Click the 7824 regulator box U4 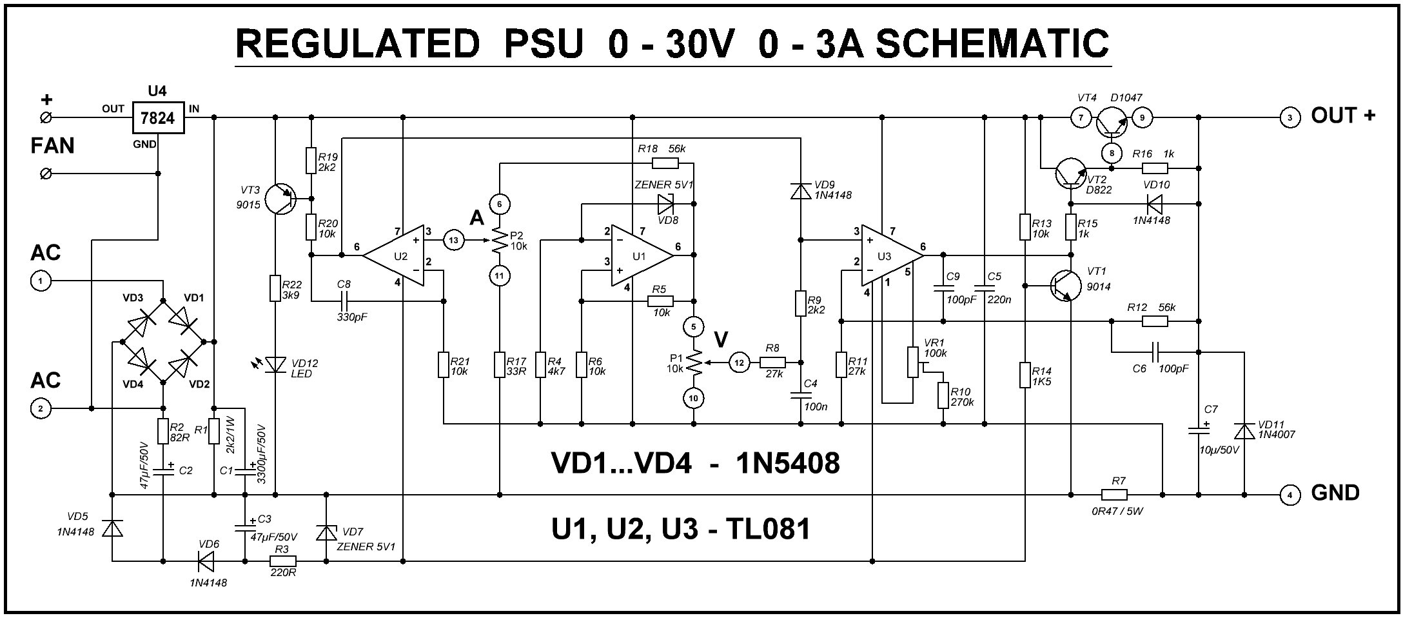[158, 118]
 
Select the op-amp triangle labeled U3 [888, 256]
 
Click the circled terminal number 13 [454, 241]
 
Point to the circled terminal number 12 [739, 363]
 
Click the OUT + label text [1342, 116]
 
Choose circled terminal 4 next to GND [1289, 495]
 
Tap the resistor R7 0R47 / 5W [1114, 495]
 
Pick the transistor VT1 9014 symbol [1065, 285]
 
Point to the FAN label [52, 146]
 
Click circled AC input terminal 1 [41, 281]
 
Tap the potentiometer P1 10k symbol [694, 363]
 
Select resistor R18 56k [665, 163]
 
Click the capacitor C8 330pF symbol [345, 301]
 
